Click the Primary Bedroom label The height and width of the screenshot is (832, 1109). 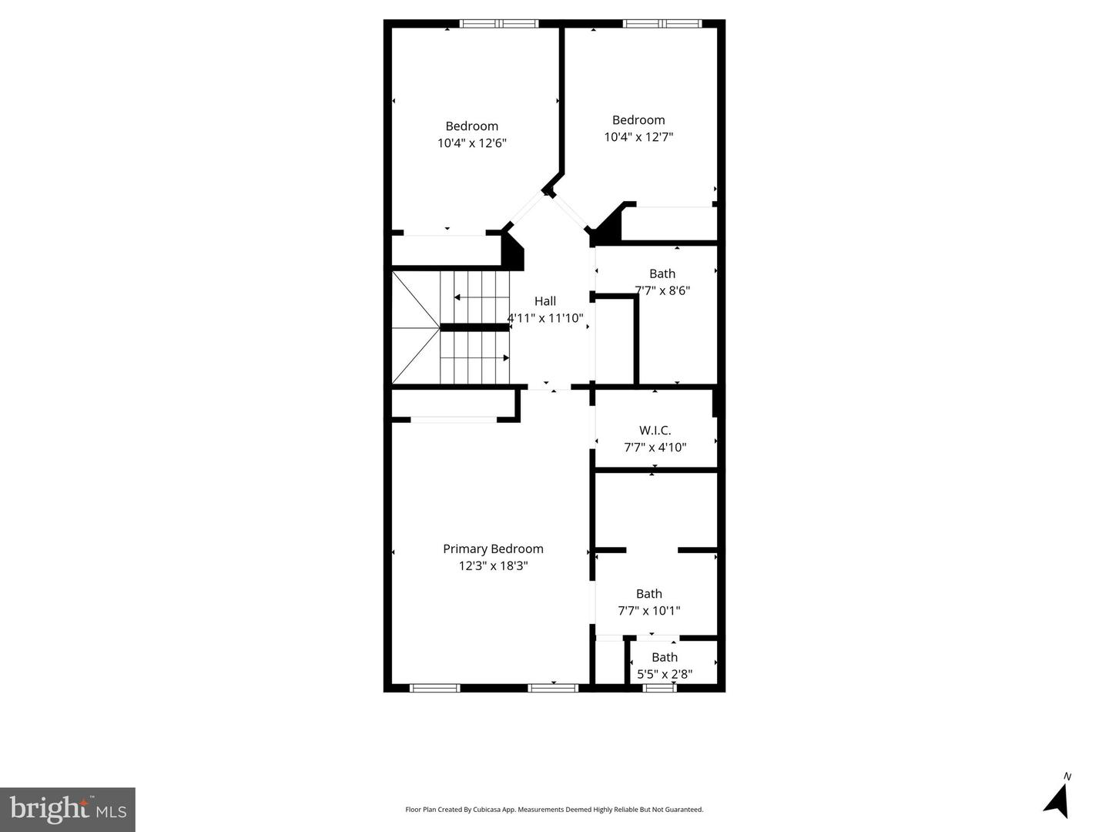[x=493, y=549]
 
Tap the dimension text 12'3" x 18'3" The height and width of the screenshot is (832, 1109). [x=493, y=566]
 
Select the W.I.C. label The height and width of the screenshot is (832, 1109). [x=655, y=431]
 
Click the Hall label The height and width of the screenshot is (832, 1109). [x=545, y=301]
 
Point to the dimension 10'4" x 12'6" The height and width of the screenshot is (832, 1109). [x=471, y=143]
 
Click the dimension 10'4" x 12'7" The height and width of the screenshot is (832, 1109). [x=638, y=137]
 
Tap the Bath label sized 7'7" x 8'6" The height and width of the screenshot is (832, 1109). [x=662, y=273]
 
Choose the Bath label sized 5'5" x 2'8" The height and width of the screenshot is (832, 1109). [x=665, y=657]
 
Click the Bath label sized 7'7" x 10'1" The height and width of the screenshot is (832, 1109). [x=648, y=593]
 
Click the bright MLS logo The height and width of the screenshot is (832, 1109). [x=68, y=809]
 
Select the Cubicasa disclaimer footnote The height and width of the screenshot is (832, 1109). [x=554, y=810]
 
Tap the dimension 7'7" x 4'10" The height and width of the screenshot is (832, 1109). [x=655, y=448]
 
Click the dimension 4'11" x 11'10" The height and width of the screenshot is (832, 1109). [x=545, y=318]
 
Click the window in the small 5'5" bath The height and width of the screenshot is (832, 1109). [x=660, y=688]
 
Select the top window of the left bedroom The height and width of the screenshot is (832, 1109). [x=498, y=24]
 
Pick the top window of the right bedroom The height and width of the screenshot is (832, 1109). [x=662, y=24]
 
